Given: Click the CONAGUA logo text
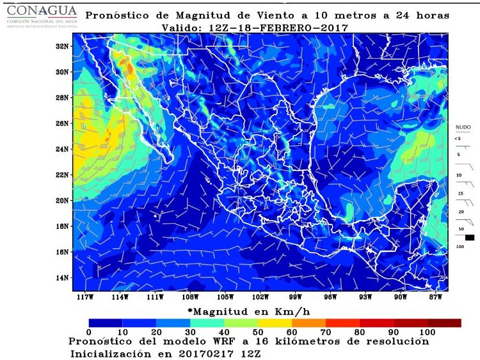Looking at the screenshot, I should coord(41,12).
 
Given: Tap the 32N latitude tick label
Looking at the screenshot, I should coord(61,46).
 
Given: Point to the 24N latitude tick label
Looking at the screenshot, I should coord(61,149).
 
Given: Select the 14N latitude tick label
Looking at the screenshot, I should coord(61,278).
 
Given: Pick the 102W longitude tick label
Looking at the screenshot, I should coord(260,297).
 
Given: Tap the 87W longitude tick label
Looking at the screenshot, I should coord(436,297).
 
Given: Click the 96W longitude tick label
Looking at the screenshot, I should coord(330,297).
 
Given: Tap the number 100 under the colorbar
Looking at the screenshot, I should coord(427,333).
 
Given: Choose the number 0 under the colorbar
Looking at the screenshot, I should coord(89,333).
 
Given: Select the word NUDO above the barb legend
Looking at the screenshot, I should coord(463,127).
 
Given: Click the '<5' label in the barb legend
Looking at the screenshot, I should coord(458,138).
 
